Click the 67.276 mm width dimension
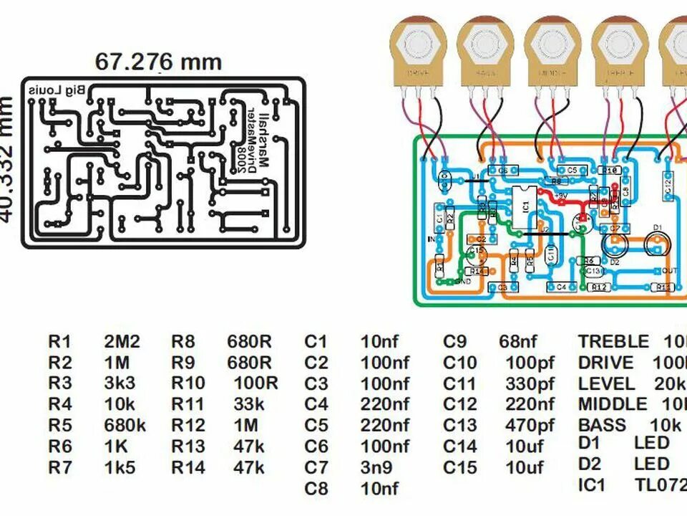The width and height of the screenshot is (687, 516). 158,62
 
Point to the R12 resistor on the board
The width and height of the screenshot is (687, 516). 600,287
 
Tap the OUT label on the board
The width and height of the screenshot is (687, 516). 670,270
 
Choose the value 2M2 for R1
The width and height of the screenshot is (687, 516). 122,342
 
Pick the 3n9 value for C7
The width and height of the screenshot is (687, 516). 377,468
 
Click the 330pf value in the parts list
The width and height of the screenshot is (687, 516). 530,383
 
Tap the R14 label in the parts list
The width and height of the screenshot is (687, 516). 188,468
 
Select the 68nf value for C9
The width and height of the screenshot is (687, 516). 517,342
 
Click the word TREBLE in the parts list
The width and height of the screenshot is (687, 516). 613,342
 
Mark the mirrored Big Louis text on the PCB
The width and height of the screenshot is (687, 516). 56,90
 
